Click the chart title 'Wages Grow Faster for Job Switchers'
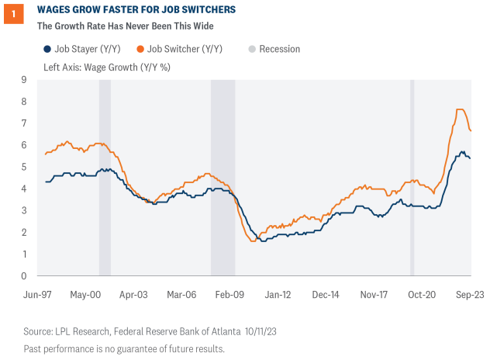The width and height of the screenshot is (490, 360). point(127,9)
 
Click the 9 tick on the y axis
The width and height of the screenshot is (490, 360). point(24,80)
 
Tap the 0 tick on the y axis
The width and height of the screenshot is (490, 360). point(24,275)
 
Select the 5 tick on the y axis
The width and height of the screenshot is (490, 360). point(24,167)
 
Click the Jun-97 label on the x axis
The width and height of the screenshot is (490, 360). point(39,295)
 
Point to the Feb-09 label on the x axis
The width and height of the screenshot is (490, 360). point(229,295)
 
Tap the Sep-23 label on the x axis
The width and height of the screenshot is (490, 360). point(469,295)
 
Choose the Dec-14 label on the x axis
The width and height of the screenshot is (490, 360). point(326,295)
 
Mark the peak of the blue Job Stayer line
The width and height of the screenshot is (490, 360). point(463,152)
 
